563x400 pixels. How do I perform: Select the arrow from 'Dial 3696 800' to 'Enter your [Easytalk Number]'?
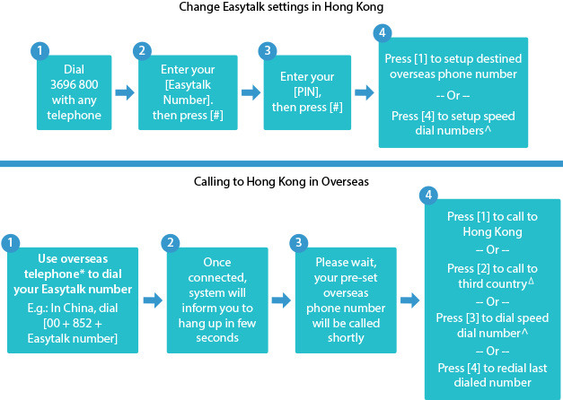(x=125, y=91)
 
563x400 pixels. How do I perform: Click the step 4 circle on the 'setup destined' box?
(x=383, y=34)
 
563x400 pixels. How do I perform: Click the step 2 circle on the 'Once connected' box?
(x=172, y=243)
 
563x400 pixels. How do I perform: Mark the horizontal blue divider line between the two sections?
(x=282, y=163)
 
